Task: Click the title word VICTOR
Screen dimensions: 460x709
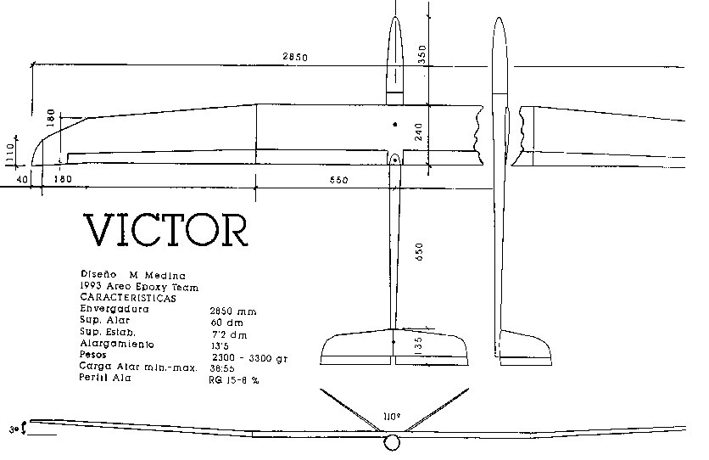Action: [166, 228]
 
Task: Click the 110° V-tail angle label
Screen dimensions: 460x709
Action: [391, 417]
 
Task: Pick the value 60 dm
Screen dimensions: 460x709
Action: [224, 323]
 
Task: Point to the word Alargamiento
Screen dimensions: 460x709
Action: [118, 345]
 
